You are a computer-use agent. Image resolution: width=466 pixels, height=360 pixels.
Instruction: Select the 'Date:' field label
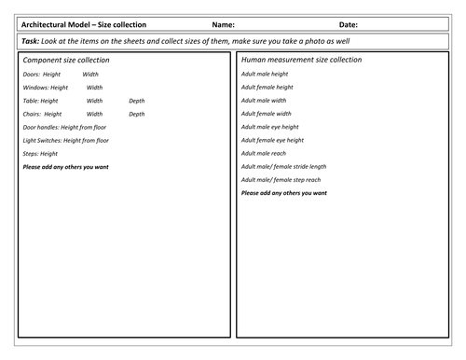pyautogui.click(x=346, y=25)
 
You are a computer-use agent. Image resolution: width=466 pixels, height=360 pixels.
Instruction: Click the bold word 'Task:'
pyautogui.click(x=32, y=43)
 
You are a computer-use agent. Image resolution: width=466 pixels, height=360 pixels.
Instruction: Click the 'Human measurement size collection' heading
pyautogui.click(x=301, y=60)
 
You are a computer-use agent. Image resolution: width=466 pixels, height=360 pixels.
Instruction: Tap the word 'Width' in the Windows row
pyautogui.click(x=95, y=87)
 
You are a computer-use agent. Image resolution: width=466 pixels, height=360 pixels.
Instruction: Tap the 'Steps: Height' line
pyautogui.click(x=40, y=153)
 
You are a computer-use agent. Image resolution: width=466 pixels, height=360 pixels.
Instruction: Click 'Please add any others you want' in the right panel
pyautogui.click(x=283, y=193)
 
